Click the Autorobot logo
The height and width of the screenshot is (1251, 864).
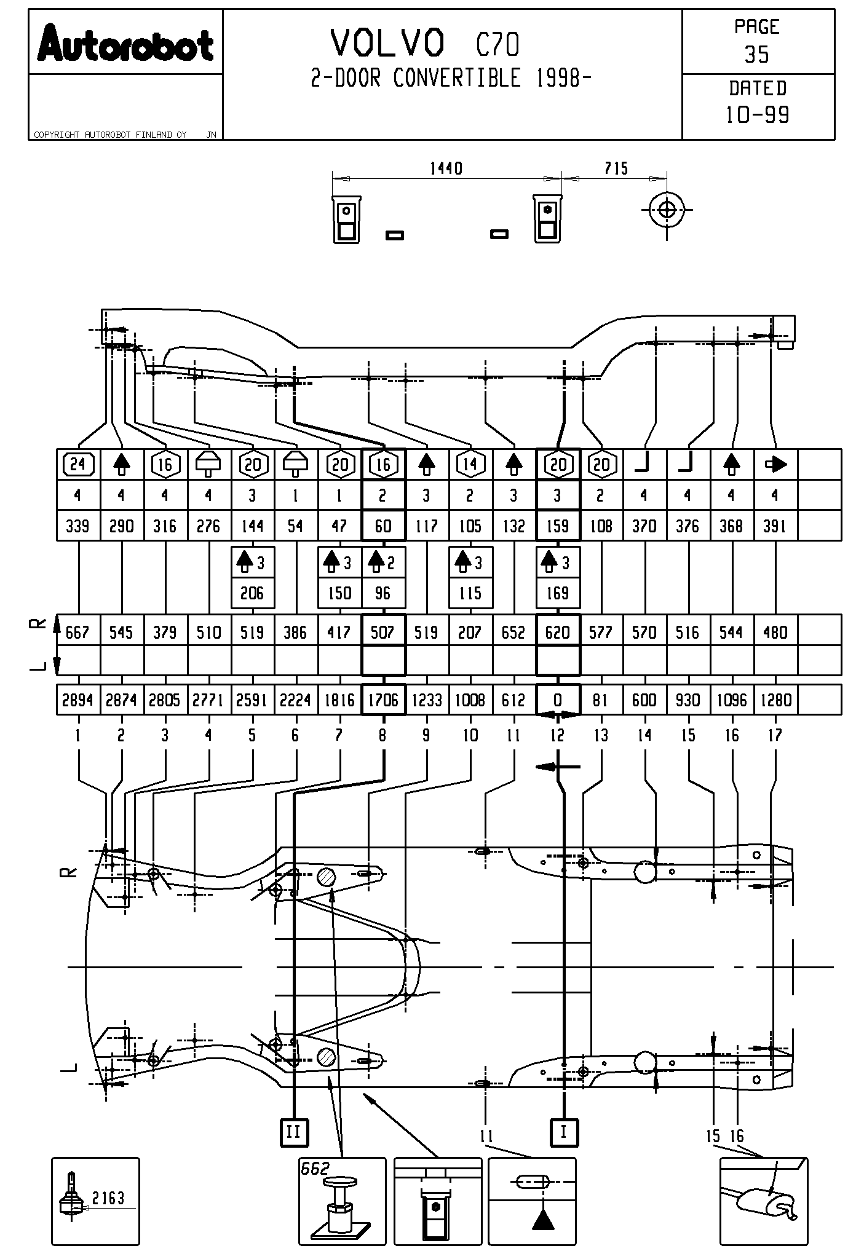pyautogui.click(x=125, y=44)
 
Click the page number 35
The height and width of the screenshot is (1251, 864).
pyautogui.click(x=757, y=55)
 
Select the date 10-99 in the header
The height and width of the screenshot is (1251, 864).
pyautogui.click(x=757, y=115)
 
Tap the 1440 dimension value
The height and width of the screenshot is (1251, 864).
pyautogui.click(x=446, y=168)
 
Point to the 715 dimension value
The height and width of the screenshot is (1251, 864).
pyautogui.click(x=616, y=168)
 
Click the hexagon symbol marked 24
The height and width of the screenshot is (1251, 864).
pyautogui.click(x=78, y=464)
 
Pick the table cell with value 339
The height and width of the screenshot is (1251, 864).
pyautogui.click(x=78, y=526)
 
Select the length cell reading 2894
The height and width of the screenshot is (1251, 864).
pyautogui.click(x=78, y=700)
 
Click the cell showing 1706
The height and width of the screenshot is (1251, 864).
pyautogui.click(x=383, y=700)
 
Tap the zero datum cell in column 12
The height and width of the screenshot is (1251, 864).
pyautogui.click(x=558, y=700)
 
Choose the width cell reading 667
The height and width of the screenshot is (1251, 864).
pyautogui.click(x=78, y=632)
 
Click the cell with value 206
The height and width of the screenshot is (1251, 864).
pyautogui.click(x=252, y=593)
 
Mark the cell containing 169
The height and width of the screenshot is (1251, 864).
pyautogui.click(x=558, y=593)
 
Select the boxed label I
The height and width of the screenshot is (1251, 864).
pyautogui.click(x=563, y=1131)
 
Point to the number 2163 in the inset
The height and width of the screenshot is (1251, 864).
pyautogui.click(x=108, y=1198)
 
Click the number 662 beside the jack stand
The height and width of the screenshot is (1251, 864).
pyautogui.click(x=315, y=1169)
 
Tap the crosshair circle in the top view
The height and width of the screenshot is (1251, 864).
pyautogui.click(x=667, y=210)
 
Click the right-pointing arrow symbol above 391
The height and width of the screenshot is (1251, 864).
pyautogui.click(x=775, y=464)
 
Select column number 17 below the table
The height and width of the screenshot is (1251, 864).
pyautogui.click(x=775, y=735)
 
